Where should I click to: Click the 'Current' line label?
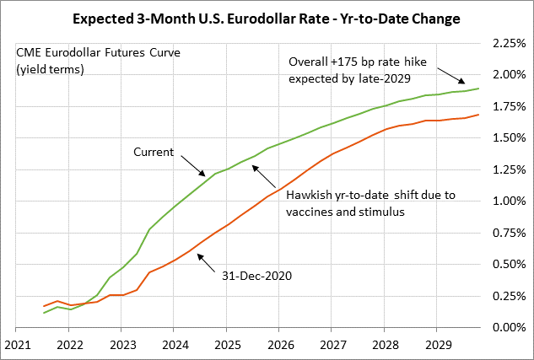coord(154,152)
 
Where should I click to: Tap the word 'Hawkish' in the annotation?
coord(309,195)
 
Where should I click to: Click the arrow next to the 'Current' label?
coord(193,160)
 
